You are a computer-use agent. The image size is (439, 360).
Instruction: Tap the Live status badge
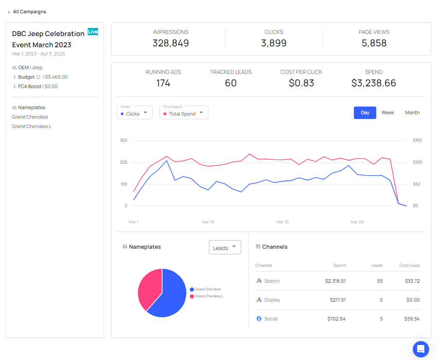point(93,31)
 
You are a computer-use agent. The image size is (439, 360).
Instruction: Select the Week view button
point(387,113)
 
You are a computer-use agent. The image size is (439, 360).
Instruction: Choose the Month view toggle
point(412,113)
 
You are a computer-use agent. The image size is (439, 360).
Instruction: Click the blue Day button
point(365,113)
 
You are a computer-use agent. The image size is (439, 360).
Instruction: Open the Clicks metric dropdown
point(134,113)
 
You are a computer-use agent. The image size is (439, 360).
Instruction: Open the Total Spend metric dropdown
point(184,113)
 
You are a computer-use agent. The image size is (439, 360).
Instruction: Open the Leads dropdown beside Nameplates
point(225,247)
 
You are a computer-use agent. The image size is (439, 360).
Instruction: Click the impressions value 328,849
point(171,43)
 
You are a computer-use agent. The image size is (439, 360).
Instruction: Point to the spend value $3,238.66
point(373,83)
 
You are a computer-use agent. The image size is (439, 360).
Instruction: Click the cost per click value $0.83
point(301,83)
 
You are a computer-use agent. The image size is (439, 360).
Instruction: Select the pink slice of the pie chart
point(149,288)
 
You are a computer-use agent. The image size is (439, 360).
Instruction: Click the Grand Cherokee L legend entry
point(209,296)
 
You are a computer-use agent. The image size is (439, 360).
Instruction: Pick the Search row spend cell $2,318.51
point(335,281)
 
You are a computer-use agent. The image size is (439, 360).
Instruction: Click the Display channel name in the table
point(272,300)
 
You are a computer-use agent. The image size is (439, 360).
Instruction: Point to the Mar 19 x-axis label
point(282,222)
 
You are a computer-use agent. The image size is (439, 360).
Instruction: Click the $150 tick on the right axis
point(417,140)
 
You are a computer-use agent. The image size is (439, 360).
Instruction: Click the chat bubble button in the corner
point(421,349)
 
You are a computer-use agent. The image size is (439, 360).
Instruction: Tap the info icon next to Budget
point(38,77)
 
